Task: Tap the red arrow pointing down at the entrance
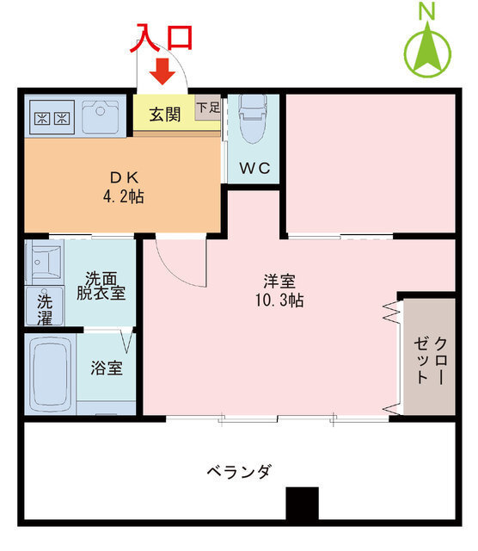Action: [162, 72]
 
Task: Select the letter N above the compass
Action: [426, 10]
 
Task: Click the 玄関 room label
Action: [164, 113]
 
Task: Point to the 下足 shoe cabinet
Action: [206, 108]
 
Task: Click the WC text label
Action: [254, 168]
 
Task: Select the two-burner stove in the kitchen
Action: [50, 118]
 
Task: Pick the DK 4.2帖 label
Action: [124, 187]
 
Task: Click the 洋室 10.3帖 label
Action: [279, 290]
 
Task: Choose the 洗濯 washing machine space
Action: [44, 309]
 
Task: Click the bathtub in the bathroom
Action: [51, 375]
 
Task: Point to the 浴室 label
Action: [107, 368]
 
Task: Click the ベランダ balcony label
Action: [239, 472]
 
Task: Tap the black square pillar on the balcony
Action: [303, 504]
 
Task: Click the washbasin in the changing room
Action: [43, 260]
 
